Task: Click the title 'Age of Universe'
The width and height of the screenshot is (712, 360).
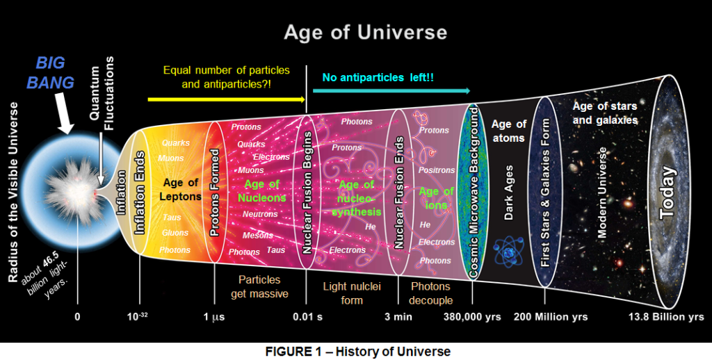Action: [366, 32]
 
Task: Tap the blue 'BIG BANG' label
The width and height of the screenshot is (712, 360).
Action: [50, 73]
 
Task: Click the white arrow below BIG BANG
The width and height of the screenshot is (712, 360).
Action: [63, 112]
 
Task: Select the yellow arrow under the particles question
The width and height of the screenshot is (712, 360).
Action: [227, 99]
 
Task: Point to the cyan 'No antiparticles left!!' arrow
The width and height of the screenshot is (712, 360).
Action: [391, 91]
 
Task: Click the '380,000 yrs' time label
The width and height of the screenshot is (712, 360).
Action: [472, 316]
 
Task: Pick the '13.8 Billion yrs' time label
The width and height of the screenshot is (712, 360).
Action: [666, 316]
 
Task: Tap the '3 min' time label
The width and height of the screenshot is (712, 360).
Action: [398, 316]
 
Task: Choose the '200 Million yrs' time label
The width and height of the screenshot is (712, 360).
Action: [551, 316]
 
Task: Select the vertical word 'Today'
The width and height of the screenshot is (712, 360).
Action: [667, 194]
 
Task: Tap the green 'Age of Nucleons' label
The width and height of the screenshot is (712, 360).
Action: [262, 191]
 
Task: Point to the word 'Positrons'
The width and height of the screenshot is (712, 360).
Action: [437, 170]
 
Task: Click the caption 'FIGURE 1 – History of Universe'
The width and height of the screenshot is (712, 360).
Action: [358, 352]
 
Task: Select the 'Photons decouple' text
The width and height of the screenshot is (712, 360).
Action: [430, 293]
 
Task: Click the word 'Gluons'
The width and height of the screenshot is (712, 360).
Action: [175, 233]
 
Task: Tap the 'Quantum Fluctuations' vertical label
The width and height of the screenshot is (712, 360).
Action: [102, 94]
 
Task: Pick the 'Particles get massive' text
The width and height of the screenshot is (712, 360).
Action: [259, 286]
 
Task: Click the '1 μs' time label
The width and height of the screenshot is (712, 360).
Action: [214, 316]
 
